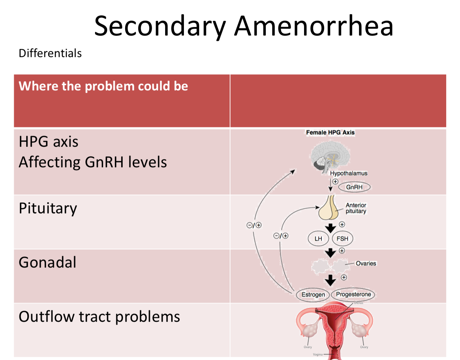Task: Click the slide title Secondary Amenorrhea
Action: point(244,26)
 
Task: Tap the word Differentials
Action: point(50,53)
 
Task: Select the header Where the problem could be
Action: point(103,86)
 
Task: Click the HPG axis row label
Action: point(49,142)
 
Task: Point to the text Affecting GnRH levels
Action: point(92,162)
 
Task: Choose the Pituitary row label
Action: point(48,208)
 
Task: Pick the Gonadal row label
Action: point(47,263)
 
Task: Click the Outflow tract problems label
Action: point(99,317)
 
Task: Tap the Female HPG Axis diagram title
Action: point(330,133)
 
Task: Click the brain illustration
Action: point(330,156)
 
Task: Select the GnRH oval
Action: point(354,187)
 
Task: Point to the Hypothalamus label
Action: point(349,173)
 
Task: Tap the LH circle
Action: point(318,239)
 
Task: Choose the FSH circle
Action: point(342,239)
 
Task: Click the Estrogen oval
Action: point(313,294)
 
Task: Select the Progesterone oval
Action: point(353,294)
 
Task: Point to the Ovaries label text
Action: point(366,264)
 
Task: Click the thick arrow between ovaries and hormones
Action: point(330,280)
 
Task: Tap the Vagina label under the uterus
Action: point(318,354)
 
